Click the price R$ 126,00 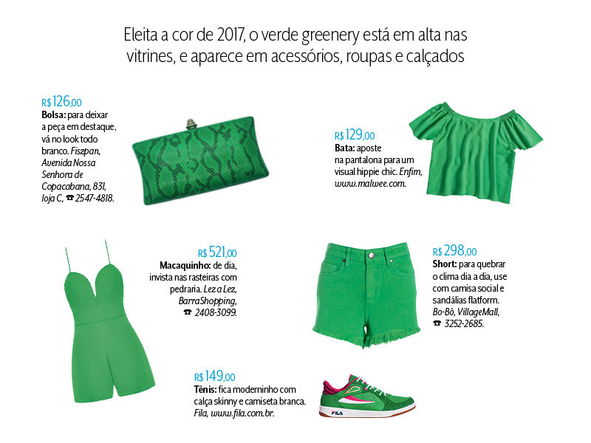(x=61, y=103)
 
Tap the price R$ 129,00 (x=354, y=135)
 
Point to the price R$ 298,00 (x=454, y=252)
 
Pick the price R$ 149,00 (x=214, y=377)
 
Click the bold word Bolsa (x=53, y=116)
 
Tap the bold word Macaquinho (x=185, y=265)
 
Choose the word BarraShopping (x=207, y=301)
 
